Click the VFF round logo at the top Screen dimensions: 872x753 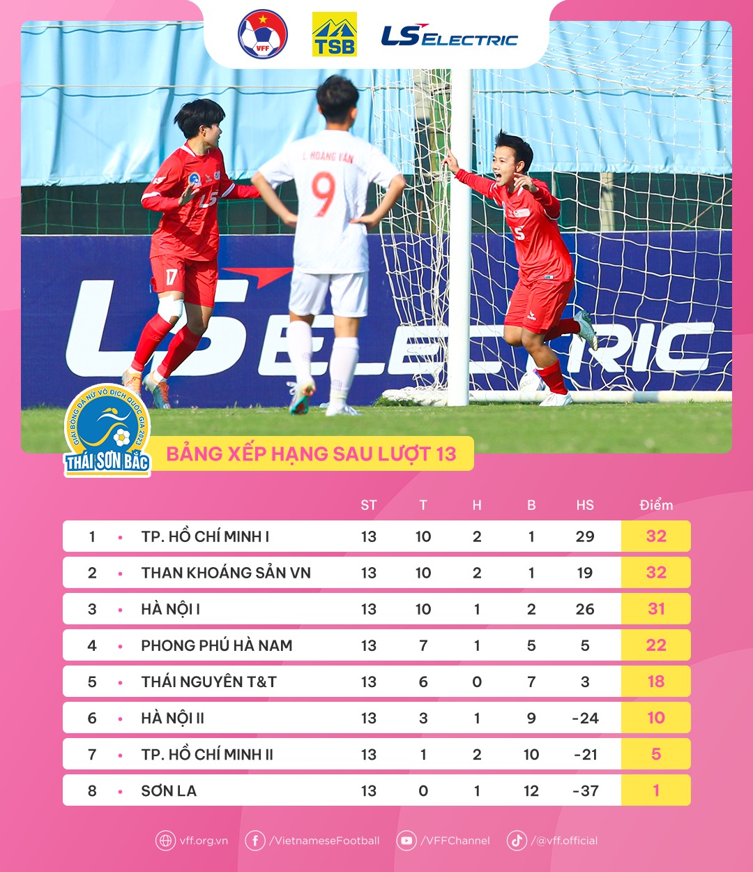[263, 34]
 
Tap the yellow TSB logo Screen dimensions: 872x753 [335, 34]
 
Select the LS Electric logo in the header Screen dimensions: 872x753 [450, 36]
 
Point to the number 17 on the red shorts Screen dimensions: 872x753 [172, 277]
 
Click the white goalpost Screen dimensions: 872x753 [459, 237]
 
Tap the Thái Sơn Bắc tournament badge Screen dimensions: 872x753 [107, 431]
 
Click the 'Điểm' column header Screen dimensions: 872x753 [656, 505]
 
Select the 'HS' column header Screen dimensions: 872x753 [585, 505]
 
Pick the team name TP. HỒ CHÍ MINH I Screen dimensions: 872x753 [205, 536]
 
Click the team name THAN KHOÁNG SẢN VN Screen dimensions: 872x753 [226, 573]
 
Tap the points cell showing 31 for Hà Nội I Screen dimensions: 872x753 [656, 609]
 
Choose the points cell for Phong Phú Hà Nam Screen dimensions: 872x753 [656, 645]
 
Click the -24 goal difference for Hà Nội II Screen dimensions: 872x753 [585, 718]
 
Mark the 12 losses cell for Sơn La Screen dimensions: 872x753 [531, 790]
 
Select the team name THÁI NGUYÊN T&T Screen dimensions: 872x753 [208, 682]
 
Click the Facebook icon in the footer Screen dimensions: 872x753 [255, 841]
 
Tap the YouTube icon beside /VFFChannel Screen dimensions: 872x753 [406, 841]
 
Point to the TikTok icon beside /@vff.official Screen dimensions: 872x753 [517, 841]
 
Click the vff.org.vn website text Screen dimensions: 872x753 [204, 841]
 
